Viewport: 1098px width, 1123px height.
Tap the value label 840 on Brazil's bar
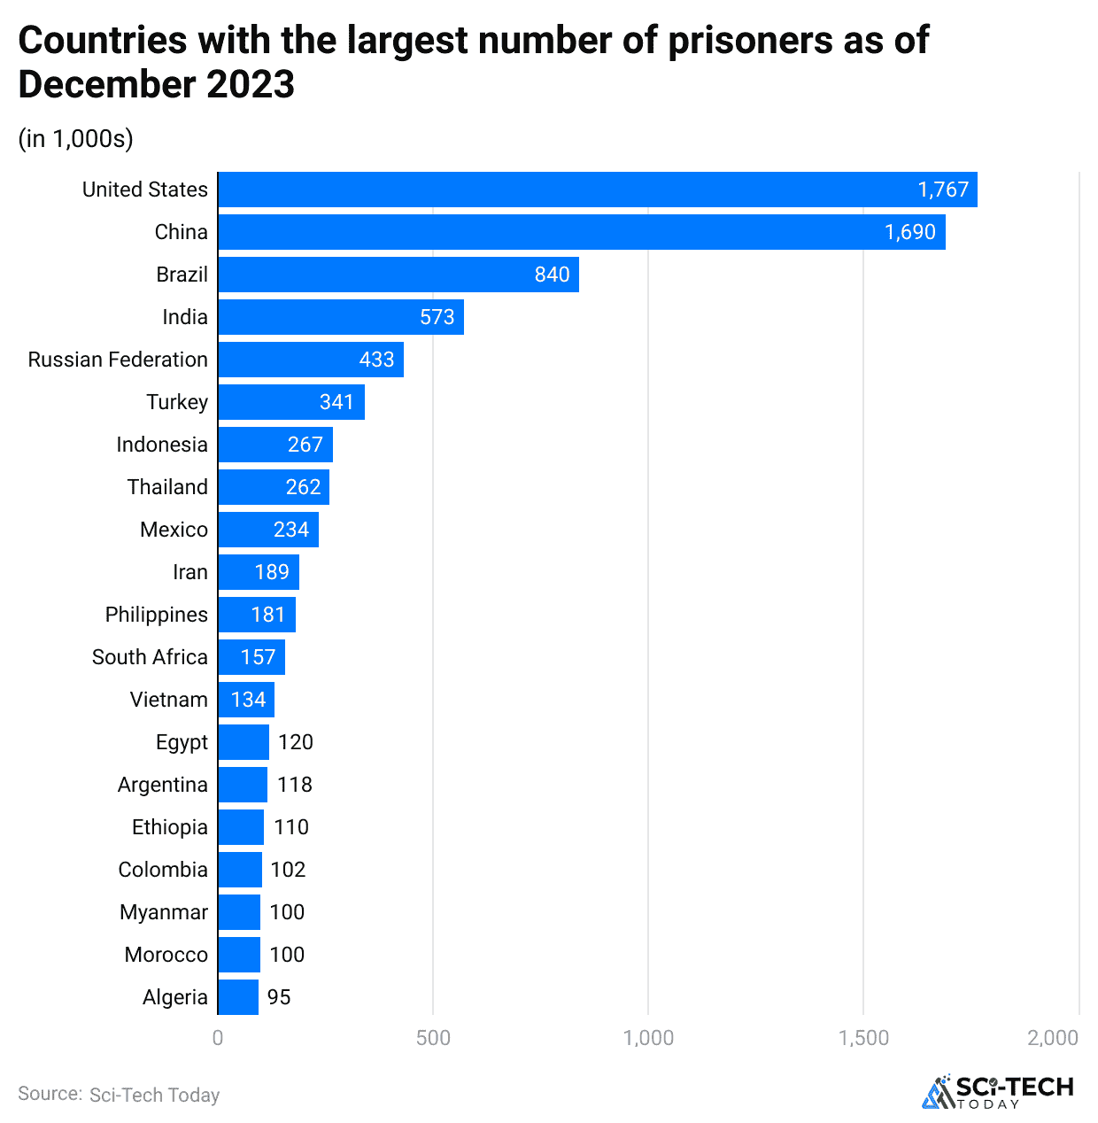[x=552, y=275]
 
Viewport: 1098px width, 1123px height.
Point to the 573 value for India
[x=437, y=317]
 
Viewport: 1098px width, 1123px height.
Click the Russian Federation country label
[x=118, y=360]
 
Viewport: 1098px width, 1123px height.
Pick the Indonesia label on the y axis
[x=161, y=445]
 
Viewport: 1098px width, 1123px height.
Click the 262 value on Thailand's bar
[x=303, y=487]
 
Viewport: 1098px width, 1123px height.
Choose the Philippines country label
[x=156, y=615]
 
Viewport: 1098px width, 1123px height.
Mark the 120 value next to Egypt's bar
[x=295, y=742]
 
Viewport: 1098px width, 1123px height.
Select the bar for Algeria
[x=238, y=997]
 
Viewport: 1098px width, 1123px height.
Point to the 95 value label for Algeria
[x=279, y=997]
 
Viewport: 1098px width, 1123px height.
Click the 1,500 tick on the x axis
[x=863, y=1038]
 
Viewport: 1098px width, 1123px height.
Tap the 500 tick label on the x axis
[x=433, y=1038]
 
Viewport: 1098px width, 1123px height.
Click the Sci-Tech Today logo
[x=998, y=1091]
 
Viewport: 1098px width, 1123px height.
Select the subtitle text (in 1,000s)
[x=75, y=139]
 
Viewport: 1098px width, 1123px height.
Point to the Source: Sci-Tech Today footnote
[x=119, y=1095]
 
